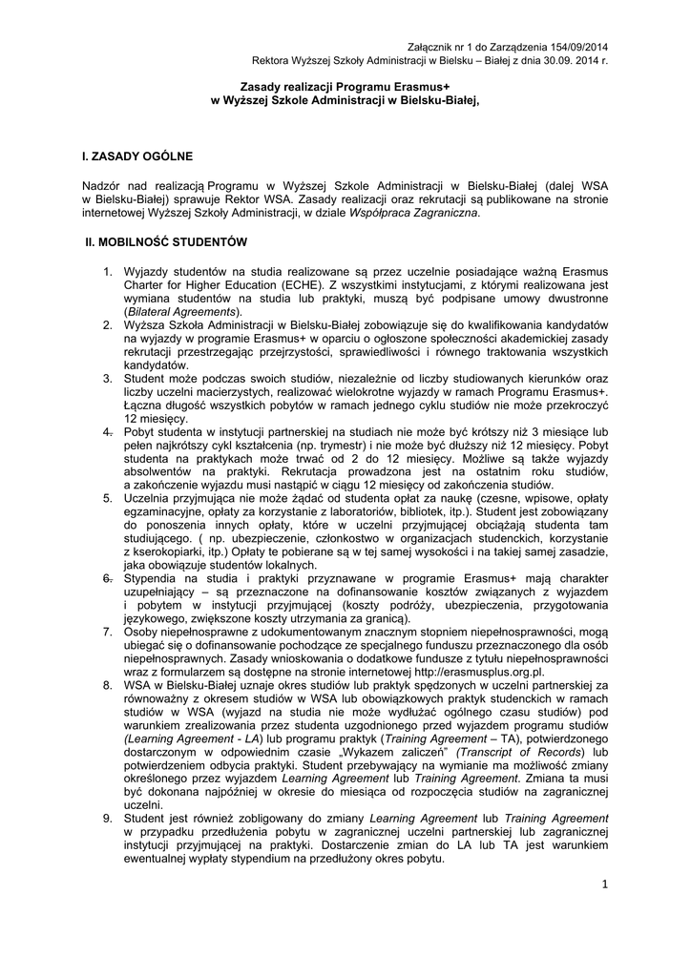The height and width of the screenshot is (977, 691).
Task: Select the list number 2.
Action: pyautogui.click(x=108, y=325)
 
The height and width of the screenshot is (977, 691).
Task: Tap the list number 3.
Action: pyautogui.click(x=108, y=379)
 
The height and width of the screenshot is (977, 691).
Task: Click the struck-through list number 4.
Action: pyautogui.click(x=108, y=432)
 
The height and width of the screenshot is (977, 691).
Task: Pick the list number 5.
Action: pyautogui.click(x=108, y=499)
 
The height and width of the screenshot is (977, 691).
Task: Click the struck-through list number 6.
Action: pyautogui.click(x=108, y=579)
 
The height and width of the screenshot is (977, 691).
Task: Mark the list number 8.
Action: pyautogui.click(x=108, y=686)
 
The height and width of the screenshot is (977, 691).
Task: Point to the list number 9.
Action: pyautogui.click(x=108, y=820)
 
